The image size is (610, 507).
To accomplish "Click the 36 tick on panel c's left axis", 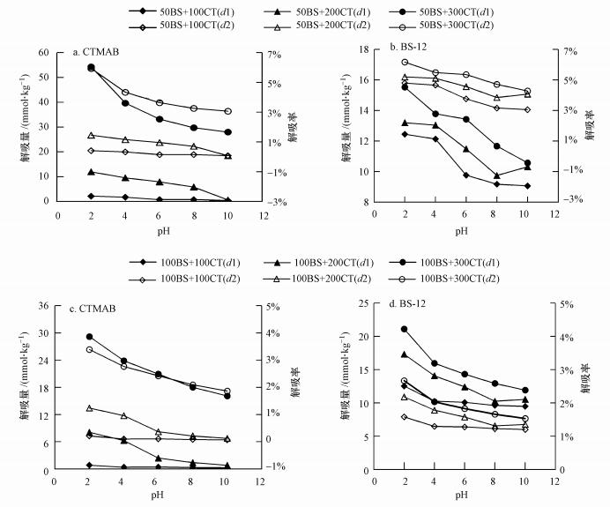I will [x=42, y=306].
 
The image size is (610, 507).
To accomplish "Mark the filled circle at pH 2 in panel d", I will [x=405, y=329].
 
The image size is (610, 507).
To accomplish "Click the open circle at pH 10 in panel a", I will [x=227, y=111].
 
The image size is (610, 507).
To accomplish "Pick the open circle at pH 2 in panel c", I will [x=89, y=350].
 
